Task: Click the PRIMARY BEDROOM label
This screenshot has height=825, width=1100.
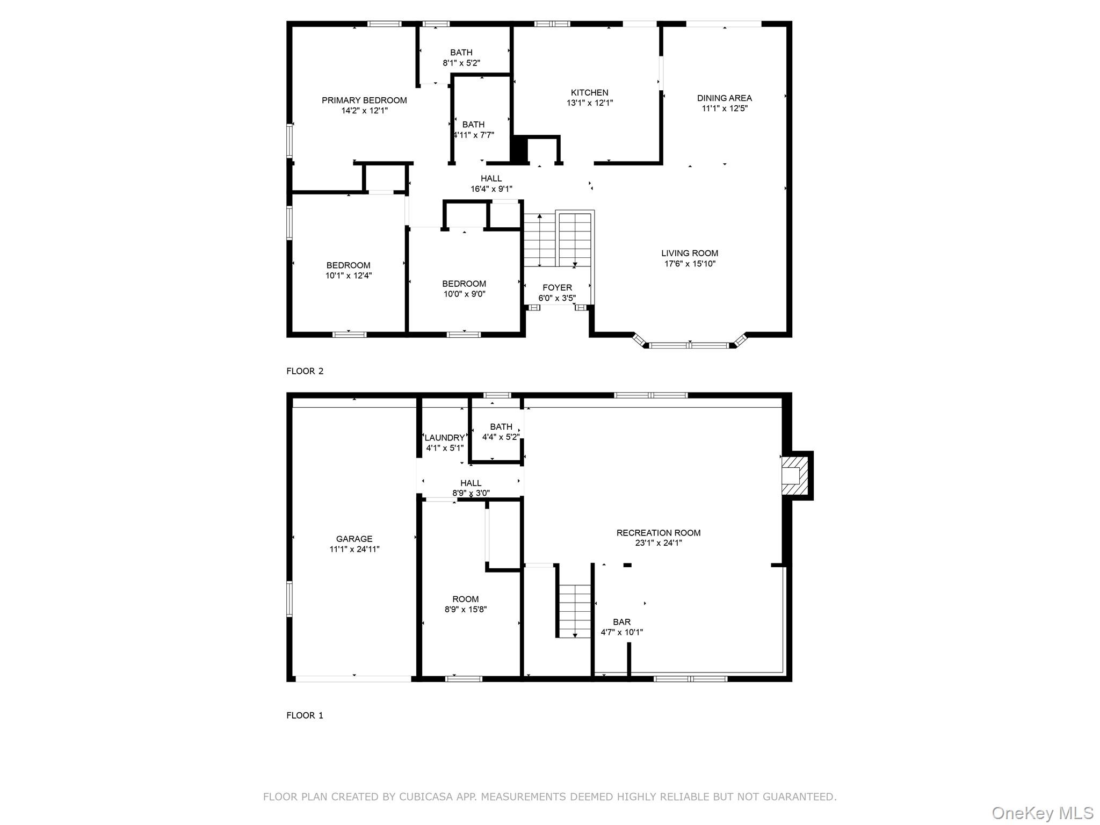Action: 364,100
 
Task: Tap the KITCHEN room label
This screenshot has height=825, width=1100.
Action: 589,92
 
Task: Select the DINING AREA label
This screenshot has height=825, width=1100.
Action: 724,98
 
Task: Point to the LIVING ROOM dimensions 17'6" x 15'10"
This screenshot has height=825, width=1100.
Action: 690,264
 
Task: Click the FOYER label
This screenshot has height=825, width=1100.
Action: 557,287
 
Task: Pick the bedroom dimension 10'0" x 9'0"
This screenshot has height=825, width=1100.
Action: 464,294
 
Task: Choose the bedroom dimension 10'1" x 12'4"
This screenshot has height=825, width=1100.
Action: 348,276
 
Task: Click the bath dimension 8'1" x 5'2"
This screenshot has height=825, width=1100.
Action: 461,63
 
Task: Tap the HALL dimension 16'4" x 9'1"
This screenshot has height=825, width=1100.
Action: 491,189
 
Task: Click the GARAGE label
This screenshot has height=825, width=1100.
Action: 354,539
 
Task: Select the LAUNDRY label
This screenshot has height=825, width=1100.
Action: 444,438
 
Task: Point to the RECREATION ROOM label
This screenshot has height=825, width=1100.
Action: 658,533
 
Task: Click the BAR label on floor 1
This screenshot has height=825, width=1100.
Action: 621,622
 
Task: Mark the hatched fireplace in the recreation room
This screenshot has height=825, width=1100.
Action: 793,476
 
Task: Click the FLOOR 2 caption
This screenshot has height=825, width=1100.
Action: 305,371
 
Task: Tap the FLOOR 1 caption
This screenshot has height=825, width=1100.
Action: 305,715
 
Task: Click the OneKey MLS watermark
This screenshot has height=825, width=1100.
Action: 1042,813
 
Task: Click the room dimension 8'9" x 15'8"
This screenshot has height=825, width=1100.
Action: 465,609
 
